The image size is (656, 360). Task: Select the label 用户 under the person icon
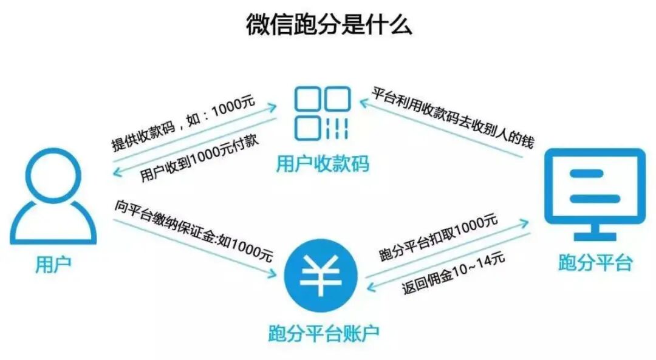click(53, 265)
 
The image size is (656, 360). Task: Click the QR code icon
click(323, 113)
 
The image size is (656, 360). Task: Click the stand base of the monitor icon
click(595, 236)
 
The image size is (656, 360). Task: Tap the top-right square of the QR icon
click(338, 99)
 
